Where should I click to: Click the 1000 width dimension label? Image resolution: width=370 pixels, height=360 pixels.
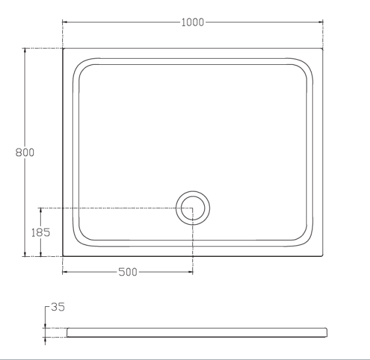point(192,23)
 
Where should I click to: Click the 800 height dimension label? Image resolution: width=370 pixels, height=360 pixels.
point(25,153)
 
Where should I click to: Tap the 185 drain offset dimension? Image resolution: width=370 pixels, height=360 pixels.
point(40,232)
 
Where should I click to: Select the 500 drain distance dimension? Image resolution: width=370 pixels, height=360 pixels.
point(128,272)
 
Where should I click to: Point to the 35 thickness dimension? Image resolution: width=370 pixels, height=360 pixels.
point(57,307)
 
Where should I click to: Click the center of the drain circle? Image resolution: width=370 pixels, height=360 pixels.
point(193,207)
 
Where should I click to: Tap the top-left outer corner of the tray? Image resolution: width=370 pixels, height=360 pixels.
point(63,48)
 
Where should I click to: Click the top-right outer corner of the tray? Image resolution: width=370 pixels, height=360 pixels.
point(323,48)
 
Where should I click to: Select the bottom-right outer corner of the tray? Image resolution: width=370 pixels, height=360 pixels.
point(323,256)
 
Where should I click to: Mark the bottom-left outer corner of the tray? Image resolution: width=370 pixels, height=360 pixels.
point(63,256)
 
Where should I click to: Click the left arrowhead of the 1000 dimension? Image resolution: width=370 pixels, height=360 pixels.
point(65,23)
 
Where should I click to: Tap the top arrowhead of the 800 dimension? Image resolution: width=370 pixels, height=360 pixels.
point(25,50)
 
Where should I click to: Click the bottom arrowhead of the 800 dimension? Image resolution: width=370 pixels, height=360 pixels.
point(25,254)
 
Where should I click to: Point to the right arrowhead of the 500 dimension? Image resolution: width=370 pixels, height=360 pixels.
point(191,272)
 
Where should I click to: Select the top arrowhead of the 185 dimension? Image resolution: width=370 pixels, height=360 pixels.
point(40,209)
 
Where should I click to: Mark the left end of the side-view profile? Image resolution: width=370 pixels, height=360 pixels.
point(67,332)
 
